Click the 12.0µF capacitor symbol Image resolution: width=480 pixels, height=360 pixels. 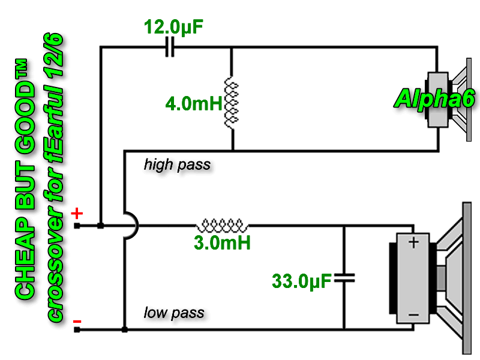point(170,47)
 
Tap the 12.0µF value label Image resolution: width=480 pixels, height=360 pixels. point(173,26)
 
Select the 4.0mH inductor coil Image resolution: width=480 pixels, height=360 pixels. point(232,103)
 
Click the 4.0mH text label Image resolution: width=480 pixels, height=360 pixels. point(193,103)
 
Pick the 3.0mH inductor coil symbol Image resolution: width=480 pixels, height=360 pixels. point(223,226)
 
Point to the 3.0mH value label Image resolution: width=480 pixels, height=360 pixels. point(222,242)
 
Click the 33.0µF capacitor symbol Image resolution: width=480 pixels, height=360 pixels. point(344,278)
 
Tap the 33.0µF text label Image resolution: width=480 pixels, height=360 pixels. point(302,281)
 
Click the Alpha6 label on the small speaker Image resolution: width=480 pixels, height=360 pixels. point(434,98)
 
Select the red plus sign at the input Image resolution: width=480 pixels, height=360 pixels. point(77,213)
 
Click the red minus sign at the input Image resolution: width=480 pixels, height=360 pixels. point(77,322)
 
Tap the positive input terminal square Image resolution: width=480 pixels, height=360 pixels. point(77,226)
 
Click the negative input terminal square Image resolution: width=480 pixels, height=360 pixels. point(77,329)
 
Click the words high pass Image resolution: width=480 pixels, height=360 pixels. point(177,164)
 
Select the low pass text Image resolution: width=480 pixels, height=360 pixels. point(174,313)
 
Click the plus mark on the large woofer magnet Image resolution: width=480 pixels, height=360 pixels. point(413,243)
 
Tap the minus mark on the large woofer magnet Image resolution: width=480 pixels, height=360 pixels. point(413,315)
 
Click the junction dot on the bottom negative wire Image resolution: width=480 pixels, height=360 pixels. point(125,329)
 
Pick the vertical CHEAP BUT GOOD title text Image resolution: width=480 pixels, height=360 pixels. point(25,179)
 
